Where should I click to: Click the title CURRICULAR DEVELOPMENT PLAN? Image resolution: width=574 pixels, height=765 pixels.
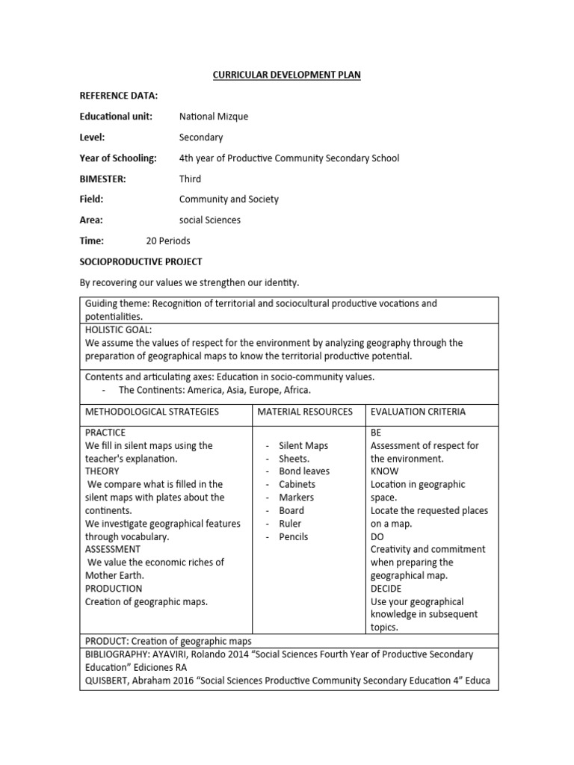coord(288,75)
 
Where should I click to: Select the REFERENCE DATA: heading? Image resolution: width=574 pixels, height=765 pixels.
coord(119,96)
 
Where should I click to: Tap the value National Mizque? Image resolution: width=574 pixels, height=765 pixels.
coord(214,117)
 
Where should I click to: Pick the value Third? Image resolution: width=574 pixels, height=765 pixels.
coord(190,179)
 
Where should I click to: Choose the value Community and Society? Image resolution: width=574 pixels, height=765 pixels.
coord(229,199)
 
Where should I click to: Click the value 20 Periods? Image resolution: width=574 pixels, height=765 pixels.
coord(168,241)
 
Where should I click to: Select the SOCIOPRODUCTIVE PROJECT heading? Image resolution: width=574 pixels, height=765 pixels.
coord(141,262)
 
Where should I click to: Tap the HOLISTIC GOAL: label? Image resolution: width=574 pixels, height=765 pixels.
coord(120,329)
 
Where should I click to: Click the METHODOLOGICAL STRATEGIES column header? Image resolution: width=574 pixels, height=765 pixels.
coord(152,412)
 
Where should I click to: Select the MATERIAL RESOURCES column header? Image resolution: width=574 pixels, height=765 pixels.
coord(305,412)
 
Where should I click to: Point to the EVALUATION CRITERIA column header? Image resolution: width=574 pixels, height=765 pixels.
coord(418,412)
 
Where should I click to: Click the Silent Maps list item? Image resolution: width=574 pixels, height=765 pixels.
coord(303,445)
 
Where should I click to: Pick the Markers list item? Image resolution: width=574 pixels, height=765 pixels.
coord(297,498)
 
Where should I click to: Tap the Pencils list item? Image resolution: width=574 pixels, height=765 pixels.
coord(294,536)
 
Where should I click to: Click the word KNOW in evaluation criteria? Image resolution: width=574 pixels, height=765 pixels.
coord(385,471)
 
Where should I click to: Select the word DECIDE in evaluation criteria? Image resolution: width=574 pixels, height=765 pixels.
coord(388,589)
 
